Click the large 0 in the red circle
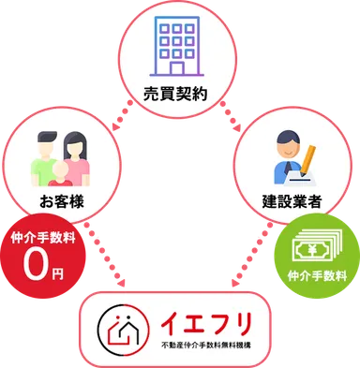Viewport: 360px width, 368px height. coord(37,265)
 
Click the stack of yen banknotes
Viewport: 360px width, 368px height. coord(316,247)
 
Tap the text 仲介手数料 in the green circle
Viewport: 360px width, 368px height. coord(316,276)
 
